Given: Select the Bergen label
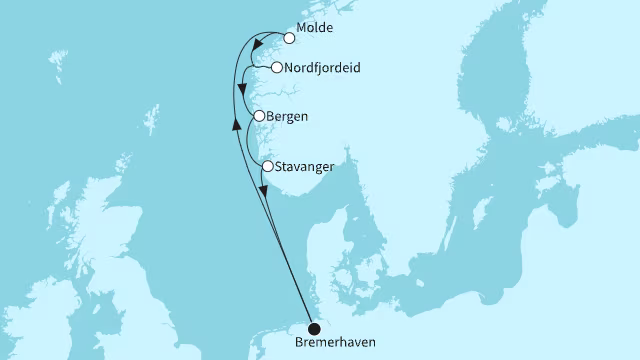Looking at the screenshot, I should tap(288, 116).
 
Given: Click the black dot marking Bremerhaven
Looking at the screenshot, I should tap(313, 328).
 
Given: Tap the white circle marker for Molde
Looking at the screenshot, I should tap(290, 39).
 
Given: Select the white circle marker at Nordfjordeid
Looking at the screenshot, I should tap(276, 68).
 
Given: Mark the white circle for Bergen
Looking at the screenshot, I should tap(259, 116).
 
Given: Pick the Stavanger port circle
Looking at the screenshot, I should tap(268, 165).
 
